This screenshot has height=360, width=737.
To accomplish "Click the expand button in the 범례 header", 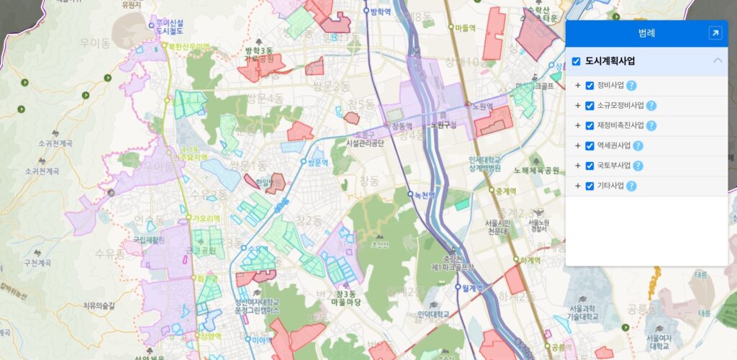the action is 715,32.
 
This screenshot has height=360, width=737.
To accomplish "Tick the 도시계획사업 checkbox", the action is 577,61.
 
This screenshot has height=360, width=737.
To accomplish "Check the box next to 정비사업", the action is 589,86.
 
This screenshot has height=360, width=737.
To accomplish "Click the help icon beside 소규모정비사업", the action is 651,106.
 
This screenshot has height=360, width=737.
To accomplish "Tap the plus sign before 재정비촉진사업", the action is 577,126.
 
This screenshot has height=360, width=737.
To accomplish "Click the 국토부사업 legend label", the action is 613,166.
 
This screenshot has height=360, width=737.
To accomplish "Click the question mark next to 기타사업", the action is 631,186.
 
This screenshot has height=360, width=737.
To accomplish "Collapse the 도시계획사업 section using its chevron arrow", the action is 717,61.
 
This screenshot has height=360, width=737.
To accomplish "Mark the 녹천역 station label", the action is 425,194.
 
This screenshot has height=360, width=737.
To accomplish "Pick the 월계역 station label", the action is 476,287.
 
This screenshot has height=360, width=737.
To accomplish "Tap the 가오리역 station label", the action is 207,217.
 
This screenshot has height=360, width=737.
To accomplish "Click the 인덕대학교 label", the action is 433,315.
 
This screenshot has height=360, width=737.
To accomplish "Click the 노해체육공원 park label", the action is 535,171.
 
